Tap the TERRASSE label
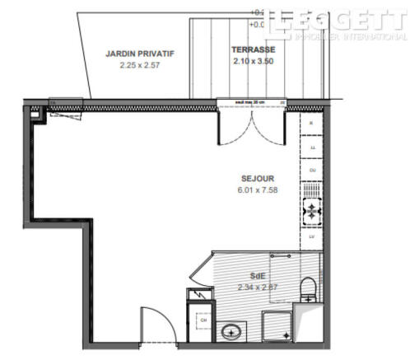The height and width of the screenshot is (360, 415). [x=253, y=49]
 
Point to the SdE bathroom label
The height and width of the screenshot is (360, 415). [x=258, y=276]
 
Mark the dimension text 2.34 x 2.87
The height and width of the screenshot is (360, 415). [x=258, y=288]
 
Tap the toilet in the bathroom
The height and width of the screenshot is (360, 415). [x=308, y=288]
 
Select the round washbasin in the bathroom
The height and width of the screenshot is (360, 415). [x=230, y=332]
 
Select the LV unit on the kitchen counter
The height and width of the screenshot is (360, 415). [x=312, y=236]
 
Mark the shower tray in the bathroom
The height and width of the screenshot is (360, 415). [x=277, y=326]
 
